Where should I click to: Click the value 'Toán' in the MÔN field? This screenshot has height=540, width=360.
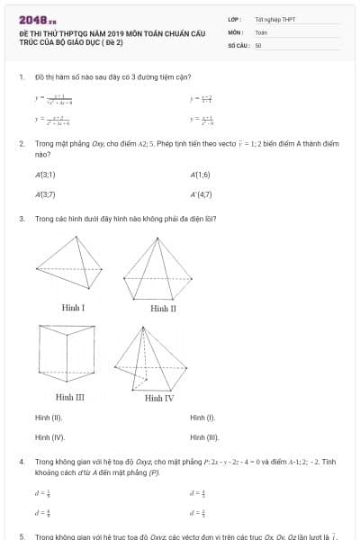click(261, 31)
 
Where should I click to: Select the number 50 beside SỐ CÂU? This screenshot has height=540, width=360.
click(258, 44)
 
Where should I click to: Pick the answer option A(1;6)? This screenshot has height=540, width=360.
click(201, 175)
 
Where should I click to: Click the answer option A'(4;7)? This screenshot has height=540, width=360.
click(202, 193)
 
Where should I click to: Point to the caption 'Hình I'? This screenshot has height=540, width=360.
click(73, 308)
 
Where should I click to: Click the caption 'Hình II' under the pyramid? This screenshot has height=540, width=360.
click(163, 308)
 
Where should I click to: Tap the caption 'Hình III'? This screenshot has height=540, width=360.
click(70, 397)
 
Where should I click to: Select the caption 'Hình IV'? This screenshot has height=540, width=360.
click(159, 397)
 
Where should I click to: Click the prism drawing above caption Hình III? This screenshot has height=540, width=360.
click(71, 355)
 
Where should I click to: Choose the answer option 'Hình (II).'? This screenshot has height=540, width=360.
click(49, 418)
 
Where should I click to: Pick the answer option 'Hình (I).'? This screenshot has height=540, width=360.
click(202, 418)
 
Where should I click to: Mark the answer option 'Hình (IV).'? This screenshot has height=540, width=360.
click(49, 437)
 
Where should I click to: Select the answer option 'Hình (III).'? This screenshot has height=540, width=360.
click(204, 437)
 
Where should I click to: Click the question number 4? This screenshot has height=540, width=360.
click(21, 461)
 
